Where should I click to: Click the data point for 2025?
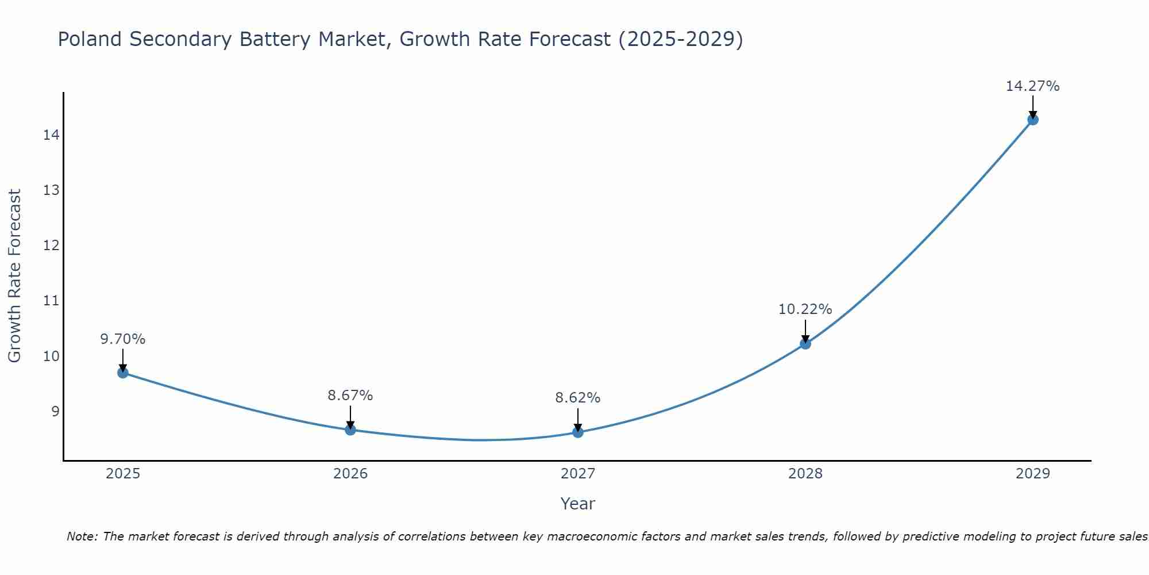click(x=123, y=373)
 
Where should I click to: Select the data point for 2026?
click(x=350, y=430)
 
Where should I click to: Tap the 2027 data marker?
click(x=578, y=432)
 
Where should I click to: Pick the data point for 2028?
click(x=805, y=344)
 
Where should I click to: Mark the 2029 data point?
click(x=1033, y=120)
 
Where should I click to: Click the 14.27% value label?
click(x=1032, y=86)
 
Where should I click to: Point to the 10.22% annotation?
click(x=805, y=309)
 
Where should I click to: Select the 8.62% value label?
click(x=577, y=398)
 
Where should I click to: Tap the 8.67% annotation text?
click(x=350, y=396)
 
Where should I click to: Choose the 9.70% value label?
click(x=122, y=339)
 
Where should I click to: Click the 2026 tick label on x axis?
click(x=350, y=474)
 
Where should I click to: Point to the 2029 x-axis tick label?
click(x=1033, y=474)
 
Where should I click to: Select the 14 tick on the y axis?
click(x=51, y=135)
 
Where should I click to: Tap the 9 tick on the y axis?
click(x=55, y=412)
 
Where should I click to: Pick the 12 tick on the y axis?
click(x=51, y=246)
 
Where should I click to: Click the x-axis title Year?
click(x=577, y=504)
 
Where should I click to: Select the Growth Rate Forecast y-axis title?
click(x=14, y=275)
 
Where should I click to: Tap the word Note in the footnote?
click(x=82, y=536)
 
